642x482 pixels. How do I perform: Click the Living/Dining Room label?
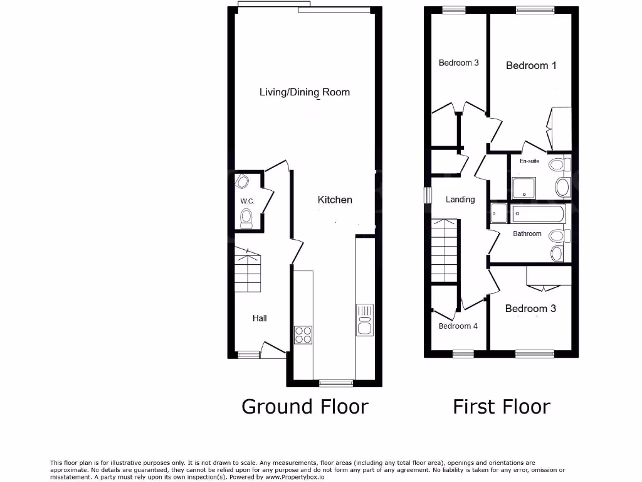coord(305,92)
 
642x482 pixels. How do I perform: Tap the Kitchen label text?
coord(335,200)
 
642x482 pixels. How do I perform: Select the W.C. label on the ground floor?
coord(246,201)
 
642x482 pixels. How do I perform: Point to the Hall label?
coord(260,318)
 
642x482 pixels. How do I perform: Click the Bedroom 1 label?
coord(530,65)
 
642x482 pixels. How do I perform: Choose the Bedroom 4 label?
coord(458,326)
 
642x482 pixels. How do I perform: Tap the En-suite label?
coord(529,161)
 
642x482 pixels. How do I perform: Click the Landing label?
coord(460,200)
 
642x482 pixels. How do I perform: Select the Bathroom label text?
coord(527,233)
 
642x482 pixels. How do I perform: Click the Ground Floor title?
coord(305,407)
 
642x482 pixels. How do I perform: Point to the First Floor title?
coord(501,407)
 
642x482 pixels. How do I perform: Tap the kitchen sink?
coord(364,320)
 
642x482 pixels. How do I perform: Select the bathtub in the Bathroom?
coord(538,215)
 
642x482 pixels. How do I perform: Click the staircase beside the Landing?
coord(445,251)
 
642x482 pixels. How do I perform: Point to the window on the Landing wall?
coord(428,195)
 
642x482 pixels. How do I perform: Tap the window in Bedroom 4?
coord(463,354)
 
